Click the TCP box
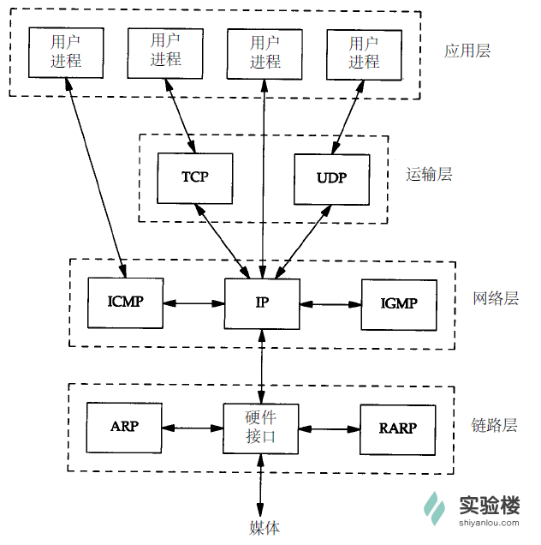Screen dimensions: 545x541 tap(195, 177)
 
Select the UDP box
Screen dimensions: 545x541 tap(331, 179)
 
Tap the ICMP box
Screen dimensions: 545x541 tap(125, 302)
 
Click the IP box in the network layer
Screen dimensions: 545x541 tap(262, 303)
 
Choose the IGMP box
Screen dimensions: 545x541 tap(398, 303)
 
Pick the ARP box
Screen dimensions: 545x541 tap(125, 428)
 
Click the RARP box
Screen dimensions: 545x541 tap(397, 428)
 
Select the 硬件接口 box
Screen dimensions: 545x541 tap(261, 428)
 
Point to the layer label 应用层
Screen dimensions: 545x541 tap(467, 51)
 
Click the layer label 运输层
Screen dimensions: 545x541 tap(429, 175)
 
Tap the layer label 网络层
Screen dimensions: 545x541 tap(496, 299)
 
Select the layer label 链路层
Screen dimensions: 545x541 tap(495, 425)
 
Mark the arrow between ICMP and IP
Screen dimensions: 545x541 tap(193, 303)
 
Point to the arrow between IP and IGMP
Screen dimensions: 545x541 tap(330, 303)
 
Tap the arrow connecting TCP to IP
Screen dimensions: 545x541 tap(224, 241)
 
